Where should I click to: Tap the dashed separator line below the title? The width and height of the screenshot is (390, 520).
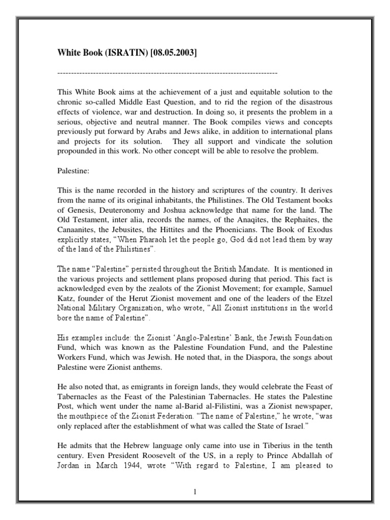(x=167, y=74)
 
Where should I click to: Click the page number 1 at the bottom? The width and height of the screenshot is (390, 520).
(x=194, y=492)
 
